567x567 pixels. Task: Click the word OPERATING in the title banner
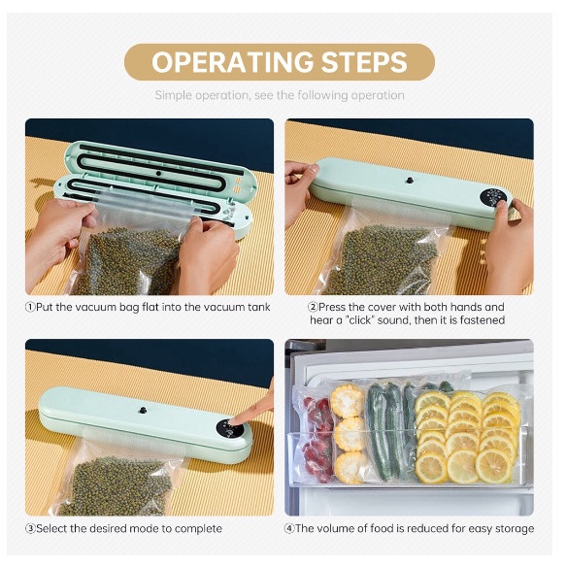(232, 62)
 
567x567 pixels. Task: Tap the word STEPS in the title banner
(364, 62)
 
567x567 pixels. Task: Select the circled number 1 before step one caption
(30, 308)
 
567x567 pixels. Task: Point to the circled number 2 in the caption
(313, 308)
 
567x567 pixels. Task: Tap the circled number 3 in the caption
(30, 529)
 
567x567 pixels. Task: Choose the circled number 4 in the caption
(289, 529)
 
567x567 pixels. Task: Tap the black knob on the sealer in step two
(410, 180)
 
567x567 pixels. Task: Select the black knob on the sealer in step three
(143, 410)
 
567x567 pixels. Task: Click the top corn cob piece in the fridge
(347, 401)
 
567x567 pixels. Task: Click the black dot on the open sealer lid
(158, 174)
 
